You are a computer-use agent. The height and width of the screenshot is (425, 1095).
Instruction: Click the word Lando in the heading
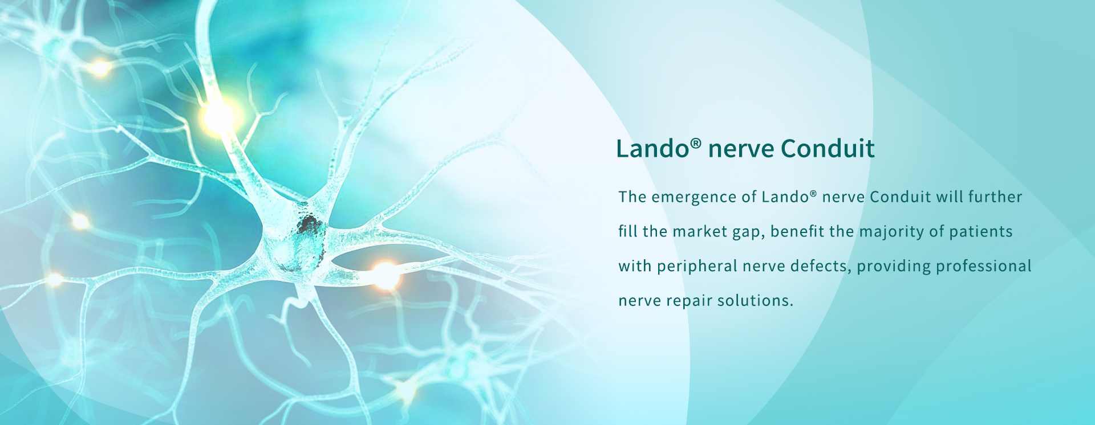click(x=652, y=149)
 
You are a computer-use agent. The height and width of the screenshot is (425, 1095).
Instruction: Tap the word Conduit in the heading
click(x=828, y=149)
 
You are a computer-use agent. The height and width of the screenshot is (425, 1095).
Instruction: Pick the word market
click(x=700, y=231)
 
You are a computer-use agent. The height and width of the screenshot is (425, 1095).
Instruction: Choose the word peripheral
click(x=697, y=267)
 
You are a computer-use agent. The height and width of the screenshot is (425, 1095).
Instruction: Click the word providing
click(x=894, y=267)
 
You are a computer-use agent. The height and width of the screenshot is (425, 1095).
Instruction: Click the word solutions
click(x=755, y=301)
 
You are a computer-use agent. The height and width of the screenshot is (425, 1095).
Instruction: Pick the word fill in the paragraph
click(x=628, y=231)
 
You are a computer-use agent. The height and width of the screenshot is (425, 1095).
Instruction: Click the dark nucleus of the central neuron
click(x=310, y=226)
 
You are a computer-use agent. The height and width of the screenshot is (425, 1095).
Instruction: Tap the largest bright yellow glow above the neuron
click(x=218, y=117)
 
